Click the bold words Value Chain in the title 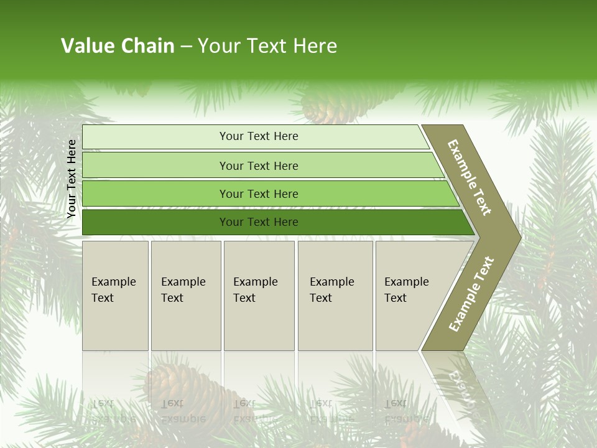tap(118, 46)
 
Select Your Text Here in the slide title tap(267, 46)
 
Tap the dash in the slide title tap(186, 47)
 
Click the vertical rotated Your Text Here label tap(72, 179)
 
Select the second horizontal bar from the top tap(259, 166)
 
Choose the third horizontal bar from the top tap(259, 194)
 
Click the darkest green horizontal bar tap(259, 222)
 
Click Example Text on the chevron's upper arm tap(470, 177)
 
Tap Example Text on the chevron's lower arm tap(471, 294)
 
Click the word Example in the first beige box tap(113, 282)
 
